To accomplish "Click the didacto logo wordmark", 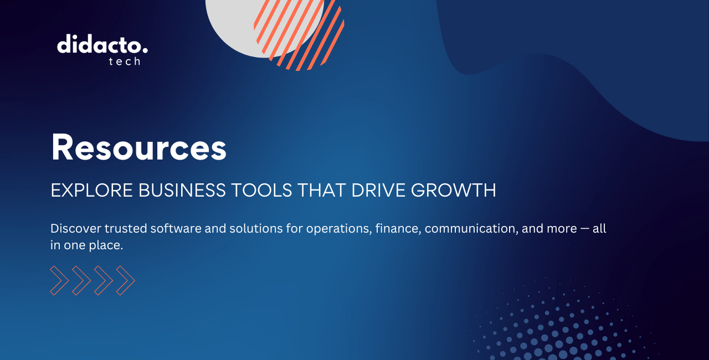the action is [x=102, y=44].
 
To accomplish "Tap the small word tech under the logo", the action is [x=125, y=61].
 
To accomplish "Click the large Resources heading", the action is [x=138, y=147].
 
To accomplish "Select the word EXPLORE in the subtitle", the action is [x=91, y=190].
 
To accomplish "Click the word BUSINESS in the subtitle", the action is [x=182, y=190].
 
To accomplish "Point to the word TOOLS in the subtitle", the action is [x=261, y=190].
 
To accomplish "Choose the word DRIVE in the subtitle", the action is [x=378, y=190].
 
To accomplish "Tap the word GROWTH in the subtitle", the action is [x=454, y=190].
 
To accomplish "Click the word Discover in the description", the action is [x=76, y=228].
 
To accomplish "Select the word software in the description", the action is [x=176, y=228].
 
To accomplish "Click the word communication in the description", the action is [x=471, y=228].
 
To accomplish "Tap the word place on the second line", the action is [x=106, y=245].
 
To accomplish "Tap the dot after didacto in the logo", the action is [x=145, y=50].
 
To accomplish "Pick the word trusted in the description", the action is [x=126, y=228].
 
